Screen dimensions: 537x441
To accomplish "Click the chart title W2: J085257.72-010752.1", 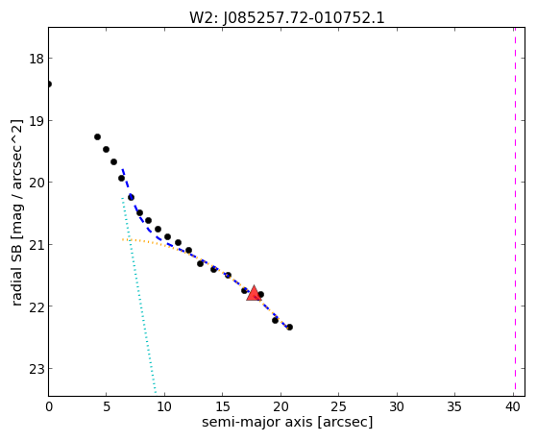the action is [287, 17].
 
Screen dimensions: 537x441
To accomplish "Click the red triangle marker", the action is [254, 294].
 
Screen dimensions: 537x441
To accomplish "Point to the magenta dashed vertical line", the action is [515, 211].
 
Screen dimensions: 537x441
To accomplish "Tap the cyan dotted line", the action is [138, 295].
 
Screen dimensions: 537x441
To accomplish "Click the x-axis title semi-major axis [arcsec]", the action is [287, 422].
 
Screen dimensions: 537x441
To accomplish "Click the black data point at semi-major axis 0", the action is [49, 84].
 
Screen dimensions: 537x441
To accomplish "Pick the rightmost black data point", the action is [289, 327].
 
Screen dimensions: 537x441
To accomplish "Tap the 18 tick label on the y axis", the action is [36, 59].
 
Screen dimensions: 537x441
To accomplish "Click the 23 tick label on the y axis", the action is [36, 369].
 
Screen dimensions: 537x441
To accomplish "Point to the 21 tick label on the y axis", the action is [36, 245].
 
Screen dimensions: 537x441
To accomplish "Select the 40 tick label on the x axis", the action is [513, 407].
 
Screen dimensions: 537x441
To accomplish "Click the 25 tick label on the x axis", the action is [339, 407].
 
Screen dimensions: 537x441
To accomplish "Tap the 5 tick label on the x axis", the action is [107, 407].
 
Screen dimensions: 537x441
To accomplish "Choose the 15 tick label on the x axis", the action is [223, 407].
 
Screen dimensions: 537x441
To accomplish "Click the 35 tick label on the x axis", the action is [454, 407].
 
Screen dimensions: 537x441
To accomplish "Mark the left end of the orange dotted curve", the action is [122, 239].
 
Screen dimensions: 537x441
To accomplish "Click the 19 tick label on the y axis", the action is [36, 121].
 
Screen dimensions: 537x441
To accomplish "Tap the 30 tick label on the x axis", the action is [397, 407].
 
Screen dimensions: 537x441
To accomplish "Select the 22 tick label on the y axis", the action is [36, 306].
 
